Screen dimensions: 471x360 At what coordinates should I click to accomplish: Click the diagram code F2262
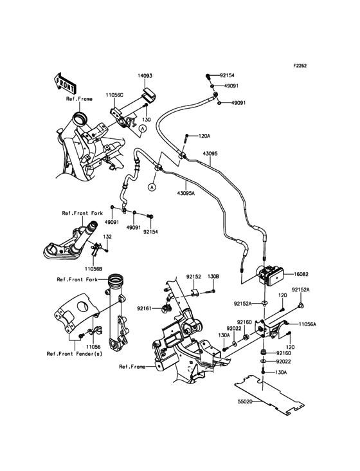tap(301, 66)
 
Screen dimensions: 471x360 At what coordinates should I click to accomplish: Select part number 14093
tap(145, 76)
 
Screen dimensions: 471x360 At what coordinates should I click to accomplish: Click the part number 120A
tap(204, 136)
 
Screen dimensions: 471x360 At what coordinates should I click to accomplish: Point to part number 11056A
tap(307, 325)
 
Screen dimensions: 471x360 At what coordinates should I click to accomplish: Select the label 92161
tap(143, 309)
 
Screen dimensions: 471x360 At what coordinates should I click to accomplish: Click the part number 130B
tap(214, 276)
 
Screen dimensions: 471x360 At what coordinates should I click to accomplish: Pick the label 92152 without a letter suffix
tap(195, 276)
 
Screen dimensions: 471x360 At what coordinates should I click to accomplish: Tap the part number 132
tap(107, 237)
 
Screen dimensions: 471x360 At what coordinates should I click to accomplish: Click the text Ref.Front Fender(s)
tap(74, 353)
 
